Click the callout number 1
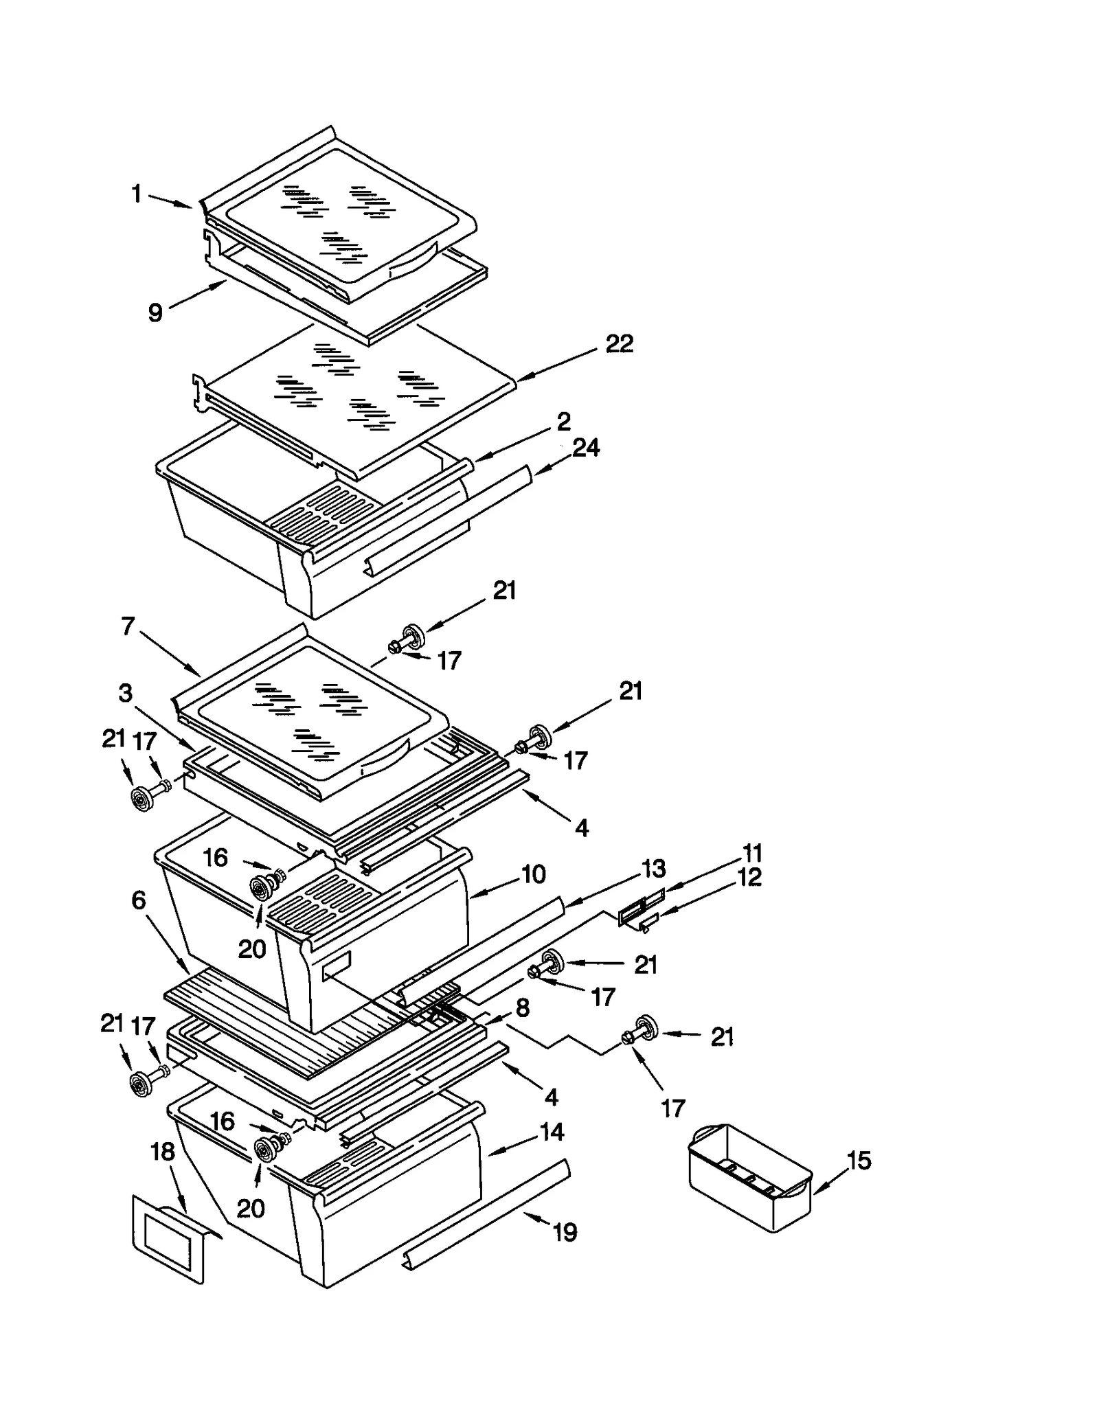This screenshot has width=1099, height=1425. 137,194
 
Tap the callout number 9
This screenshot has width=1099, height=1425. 156,313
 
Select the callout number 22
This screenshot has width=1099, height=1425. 619,343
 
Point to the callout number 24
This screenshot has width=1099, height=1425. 586,448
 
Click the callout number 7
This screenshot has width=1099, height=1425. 128,626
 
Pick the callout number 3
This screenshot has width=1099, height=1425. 125,693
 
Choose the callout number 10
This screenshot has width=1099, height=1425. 533,874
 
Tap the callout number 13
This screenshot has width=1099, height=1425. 653,869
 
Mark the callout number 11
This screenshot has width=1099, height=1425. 753,854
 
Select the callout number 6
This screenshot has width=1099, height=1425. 139,900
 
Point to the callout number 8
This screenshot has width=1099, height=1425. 523,1007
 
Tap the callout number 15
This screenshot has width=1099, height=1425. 859,1161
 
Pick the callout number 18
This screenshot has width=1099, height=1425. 163,1152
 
